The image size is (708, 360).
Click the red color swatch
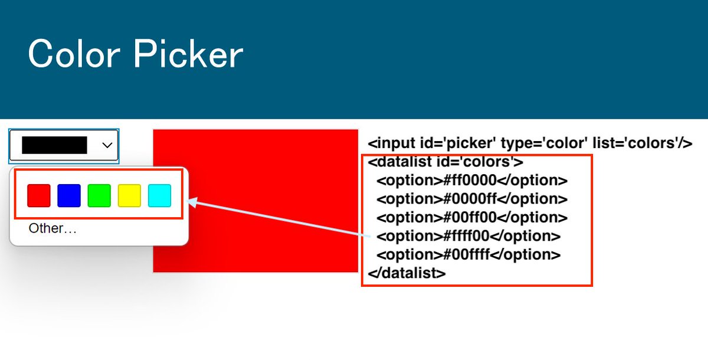(39, 195)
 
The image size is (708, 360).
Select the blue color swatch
(69, 195)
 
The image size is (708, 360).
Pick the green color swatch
(99, 195)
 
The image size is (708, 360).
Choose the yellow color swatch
(129, 195)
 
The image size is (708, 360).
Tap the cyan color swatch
(159, 195)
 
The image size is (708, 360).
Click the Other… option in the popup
(53, 228)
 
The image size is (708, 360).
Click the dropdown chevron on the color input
(107, 145)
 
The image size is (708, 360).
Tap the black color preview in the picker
(54, 145)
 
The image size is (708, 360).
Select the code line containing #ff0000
(471, 181)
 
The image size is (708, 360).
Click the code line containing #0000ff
(471, 199)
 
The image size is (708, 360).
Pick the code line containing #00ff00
(471, 218)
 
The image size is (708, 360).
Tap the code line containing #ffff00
(468, 236)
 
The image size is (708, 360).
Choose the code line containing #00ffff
(468, 255)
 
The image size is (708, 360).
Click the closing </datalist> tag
(407, 273)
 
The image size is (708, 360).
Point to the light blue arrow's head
(190, 202)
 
